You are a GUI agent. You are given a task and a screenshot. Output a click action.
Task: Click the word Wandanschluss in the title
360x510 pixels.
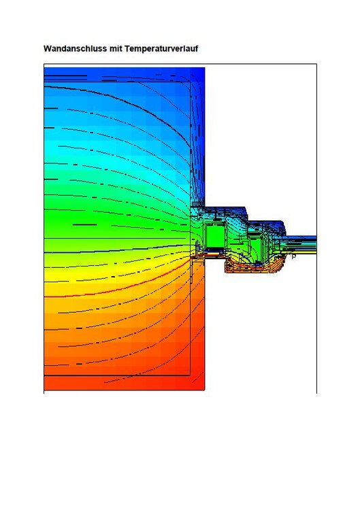coord(75,48)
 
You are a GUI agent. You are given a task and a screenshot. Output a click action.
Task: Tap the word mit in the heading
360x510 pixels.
coord(116,48)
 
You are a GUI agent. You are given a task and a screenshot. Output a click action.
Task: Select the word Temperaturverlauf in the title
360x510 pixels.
coord(161,48)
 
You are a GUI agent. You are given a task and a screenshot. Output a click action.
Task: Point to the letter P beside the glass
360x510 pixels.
coord(293,257)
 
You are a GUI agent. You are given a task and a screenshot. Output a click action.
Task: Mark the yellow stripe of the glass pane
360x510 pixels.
coord(301,252)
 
